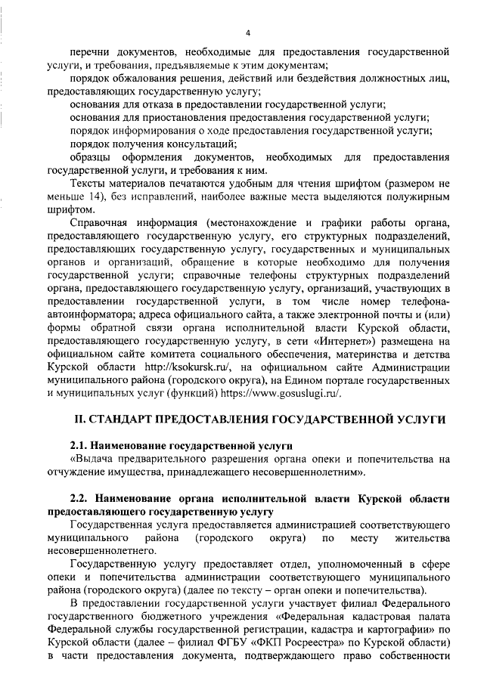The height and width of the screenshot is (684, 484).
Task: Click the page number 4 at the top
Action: [x=247, y=33]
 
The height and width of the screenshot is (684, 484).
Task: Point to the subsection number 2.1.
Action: [x=80, y=445]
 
